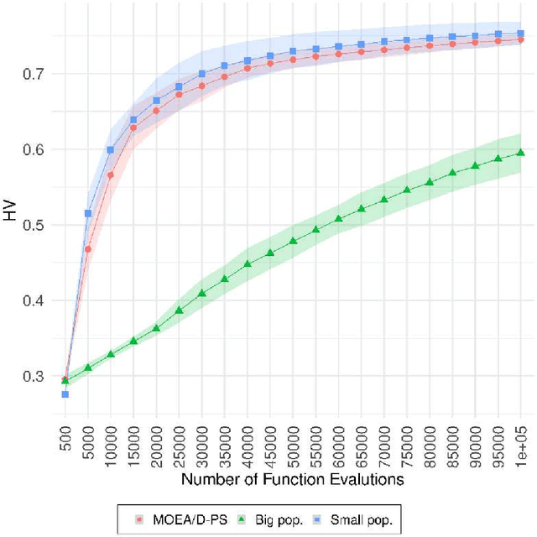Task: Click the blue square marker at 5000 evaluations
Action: point(88,214)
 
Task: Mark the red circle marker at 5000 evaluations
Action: point(88,249)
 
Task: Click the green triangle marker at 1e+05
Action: point(521,153)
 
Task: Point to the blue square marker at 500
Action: point(65,394)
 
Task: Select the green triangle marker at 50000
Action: point(294,241)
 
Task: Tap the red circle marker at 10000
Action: point(111,175)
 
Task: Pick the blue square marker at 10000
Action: point(111,149)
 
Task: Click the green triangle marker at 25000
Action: point(179,310)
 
